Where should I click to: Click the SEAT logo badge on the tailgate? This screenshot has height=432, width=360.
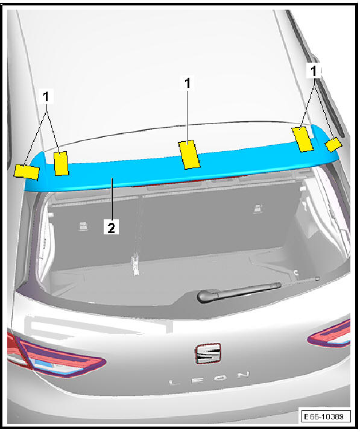208,354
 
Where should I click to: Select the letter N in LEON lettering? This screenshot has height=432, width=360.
244,375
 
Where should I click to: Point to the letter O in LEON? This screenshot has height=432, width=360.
221,377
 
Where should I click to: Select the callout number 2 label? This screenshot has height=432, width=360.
111,227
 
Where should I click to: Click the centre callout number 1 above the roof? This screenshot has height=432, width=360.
188,83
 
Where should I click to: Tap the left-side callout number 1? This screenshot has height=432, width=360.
46,96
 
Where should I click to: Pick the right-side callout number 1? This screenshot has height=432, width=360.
314,71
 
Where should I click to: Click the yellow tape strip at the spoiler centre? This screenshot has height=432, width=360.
189,155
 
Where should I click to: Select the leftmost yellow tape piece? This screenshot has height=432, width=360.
27,172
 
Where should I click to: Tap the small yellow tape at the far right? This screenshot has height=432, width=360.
333,145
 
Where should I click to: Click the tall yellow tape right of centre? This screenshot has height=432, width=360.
303,139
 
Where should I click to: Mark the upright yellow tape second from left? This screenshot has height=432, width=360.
61,163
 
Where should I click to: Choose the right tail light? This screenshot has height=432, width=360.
329,334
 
